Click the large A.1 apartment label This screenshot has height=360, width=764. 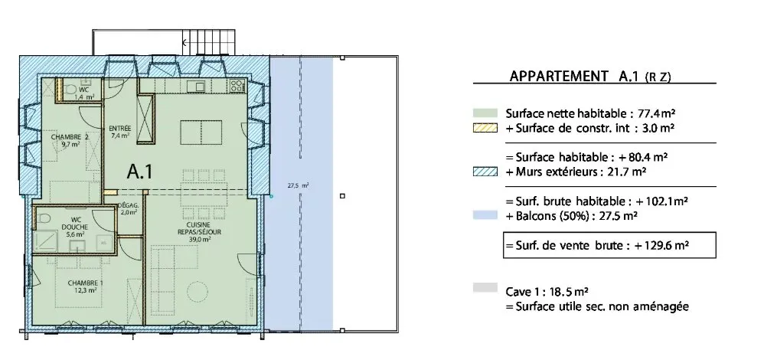click(140, 172)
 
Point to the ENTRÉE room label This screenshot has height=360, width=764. click(119, 132)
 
